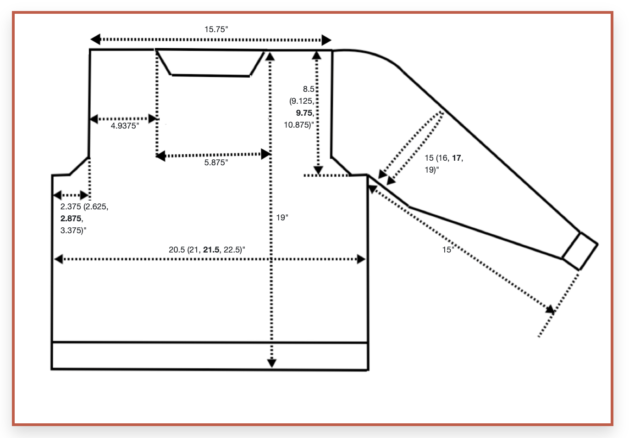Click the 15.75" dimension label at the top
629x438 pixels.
click(x=216, y=29)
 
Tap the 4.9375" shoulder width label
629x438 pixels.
click(x=125, y=126)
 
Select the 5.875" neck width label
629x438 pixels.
click(x=216, y=163)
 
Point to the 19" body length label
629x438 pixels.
click(x=282, y=218)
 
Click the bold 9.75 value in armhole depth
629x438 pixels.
click(x=304, y=113)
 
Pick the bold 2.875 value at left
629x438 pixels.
click(x=71, y=219)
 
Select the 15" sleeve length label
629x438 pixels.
click(x=447, y=250)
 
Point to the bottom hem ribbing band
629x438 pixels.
click(x=210, y=356)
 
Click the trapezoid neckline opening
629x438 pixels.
click(x=211, y=62)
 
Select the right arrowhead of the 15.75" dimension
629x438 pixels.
click(x=326, y=40)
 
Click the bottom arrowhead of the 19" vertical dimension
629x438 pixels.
click(x=272, y=363)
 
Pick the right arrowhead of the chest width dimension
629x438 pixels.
click(x=361, y=259)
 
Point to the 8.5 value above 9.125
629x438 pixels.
click(x=308, y=89)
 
